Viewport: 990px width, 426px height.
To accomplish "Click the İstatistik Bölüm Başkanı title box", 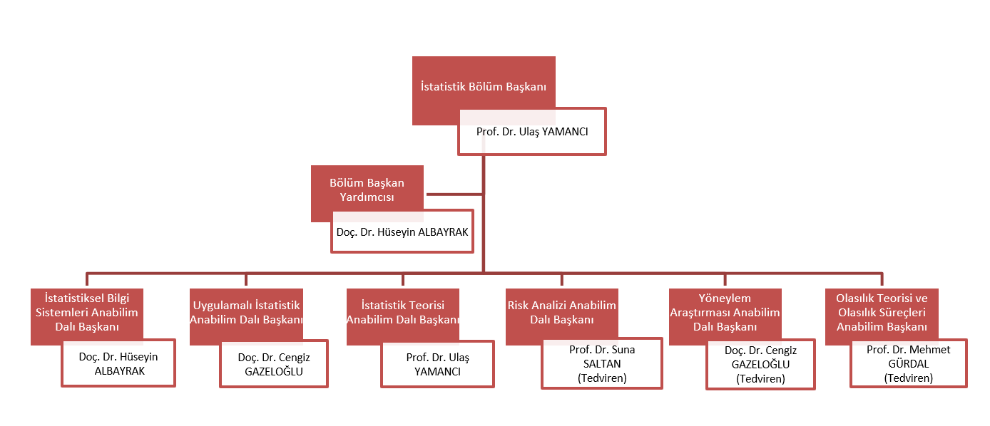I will click(483, 87).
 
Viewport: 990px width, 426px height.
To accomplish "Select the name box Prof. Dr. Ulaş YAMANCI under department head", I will click(532, 132).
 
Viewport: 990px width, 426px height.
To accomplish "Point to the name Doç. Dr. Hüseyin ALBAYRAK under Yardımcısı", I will click(402, 232).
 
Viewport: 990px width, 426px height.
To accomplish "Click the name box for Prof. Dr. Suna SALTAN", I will click(602, 363).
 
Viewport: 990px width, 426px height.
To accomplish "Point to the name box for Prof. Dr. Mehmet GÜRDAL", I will click(908, 363).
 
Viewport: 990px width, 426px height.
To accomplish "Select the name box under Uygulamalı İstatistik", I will click(274, 364).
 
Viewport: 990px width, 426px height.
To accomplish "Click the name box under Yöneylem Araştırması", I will click(760, 365).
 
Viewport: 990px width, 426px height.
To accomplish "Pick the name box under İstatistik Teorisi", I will click(438, 364).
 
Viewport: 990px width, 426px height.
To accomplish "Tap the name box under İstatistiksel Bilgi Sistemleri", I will click(118, 364).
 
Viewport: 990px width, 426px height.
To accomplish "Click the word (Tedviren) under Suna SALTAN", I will click(602, 378).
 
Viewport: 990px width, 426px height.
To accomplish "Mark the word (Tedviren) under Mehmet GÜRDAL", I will click(908, 378).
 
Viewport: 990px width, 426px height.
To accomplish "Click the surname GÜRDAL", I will click(908, 364).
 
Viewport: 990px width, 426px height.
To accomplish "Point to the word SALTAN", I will click(602, 364).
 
